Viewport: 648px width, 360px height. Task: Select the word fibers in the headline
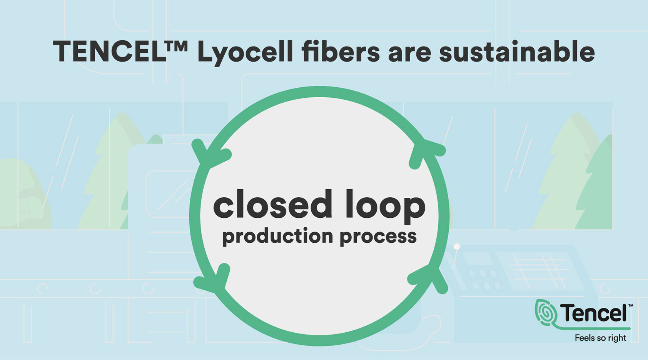341,51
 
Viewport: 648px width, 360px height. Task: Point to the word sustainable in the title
517,51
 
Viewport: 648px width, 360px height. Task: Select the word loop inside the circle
386,207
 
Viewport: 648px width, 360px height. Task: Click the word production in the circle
277,237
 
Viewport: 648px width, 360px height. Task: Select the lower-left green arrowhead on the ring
214,278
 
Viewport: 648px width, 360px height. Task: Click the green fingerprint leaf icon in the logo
546,313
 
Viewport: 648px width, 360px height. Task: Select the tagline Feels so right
600,338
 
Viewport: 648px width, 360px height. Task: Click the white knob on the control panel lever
457,247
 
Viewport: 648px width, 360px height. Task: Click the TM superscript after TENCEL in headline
177,46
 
